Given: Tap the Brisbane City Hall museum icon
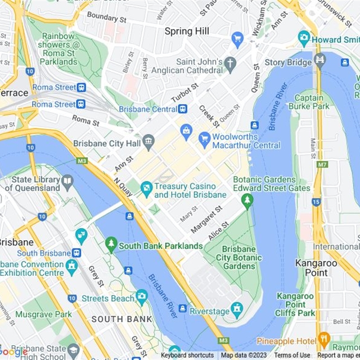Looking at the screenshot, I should (148, 143).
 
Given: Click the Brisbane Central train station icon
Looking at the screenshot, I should (183, 109).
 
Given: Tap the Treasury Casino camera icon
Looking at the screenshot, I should (146, 189).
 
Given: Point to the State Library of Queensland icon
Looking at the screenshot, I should (67, 182).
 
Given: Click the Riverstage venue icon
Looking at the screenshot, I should (237, 310).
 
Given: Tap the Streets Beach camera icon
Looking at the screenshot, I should (142, 296).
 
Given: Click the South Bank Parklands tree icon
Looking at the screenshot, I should (111, 245).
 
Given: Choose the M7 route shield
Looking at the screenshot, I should (322, 165).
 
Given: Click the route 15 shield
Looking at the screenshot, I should (316, 202).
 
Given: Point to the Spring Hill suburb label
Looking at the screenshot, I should (187, 31).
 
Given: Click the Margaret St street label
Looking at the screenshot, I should (207, 220).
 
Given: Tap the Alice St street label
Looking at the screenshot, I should (219, 231).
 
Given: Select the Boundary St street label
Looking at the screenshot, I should (107, 18).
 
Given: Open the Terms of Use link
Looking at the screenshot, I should (292, 355).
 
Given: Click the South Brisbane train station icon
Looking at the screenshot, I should (76, 253).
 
